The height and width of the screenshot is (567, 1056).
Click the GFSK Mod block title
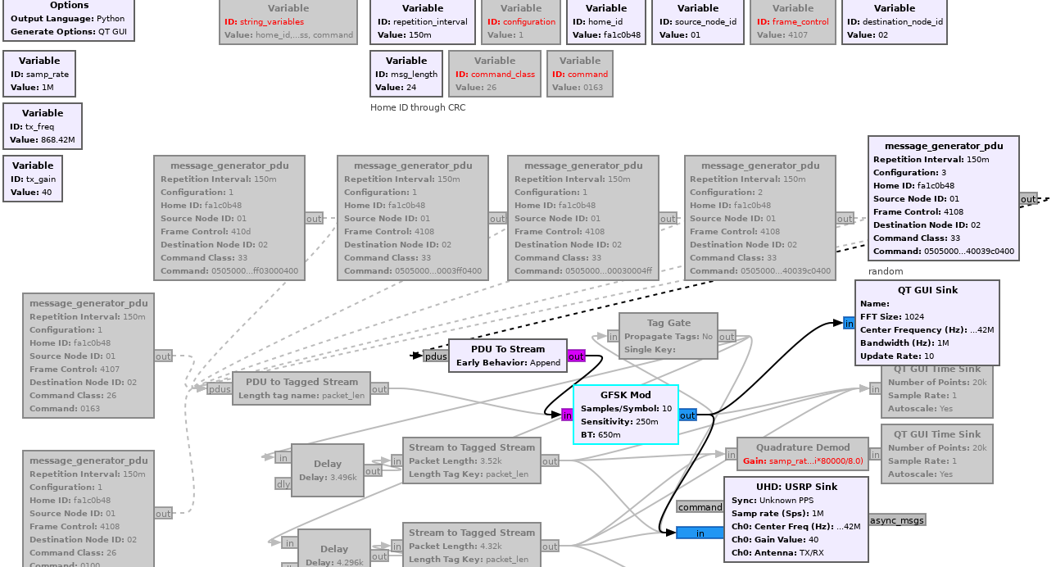point(625,395)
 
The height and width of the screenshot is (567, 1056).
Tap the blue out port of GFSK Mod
point(687,415)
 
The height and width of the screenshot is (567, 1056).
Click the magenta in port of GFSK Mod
point(567,415)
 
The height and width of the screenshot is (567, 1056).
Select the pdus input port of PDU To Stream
point(435,356)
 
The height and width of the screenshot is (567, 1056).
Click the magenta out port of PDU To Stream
point(576,356)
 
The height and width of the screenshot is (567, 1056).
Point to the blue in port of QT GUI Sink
point(849,324)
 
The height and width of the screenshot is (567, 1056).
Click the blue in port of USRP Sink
point(700,533)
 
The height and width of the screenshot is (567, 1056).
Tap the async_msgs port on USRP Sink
point(897,520)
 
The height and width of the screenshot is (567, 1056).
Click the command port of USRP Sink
point(700,507)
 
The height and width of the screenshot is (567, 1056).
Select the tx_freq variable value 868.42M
point(57,140)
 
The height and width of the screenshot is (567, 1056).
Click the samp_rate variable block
point(39,74)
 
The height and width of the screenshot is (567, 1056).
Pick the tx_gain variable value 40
point(46,193)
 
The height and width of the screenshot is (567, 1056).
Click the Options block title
point(69,5)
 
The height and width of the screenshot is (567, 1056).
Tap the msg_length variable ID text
point(414,74)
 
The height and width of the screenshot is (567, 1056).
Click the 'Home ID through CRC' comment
point(419,107)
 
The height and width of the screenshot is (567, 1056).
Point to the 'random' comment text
point(886,271)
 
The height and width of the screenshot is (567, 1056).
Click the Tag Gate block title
point(668,323)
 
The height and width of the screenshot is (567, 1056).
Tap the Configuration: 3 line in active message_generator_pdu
point(909,173)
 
